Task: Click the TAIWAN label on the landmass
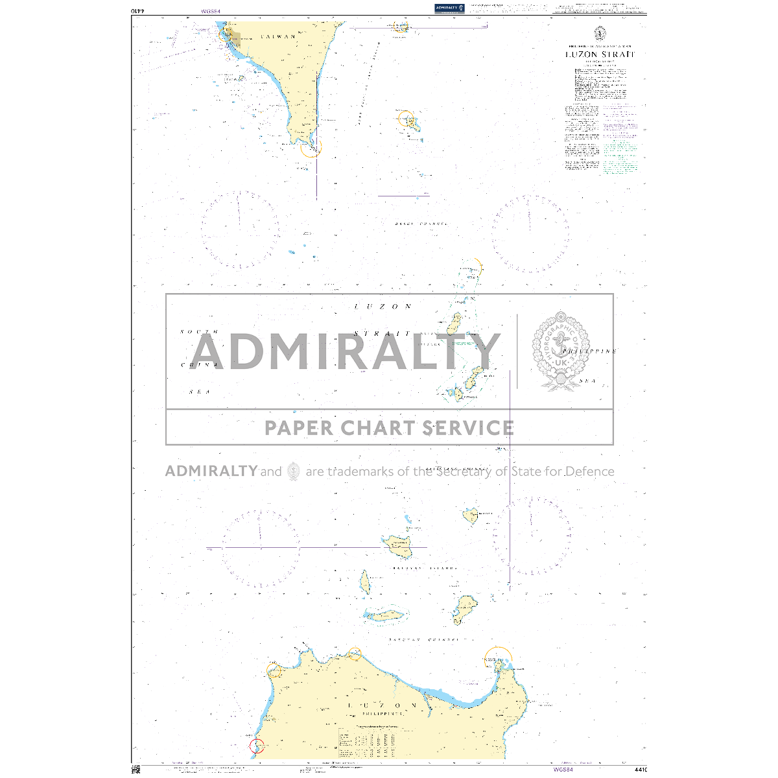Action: pos(277,37)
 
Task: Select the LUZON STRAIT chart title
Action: pos(600,54)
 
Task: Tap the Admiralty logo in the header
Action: pos(449,8)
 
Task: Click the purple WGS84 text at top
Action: pos(211,11)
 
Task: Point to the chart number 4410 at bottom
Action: pos(641,770)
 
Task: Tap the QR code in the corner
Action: pos(136,770)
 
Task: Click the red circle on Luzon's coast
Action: pos(257,746)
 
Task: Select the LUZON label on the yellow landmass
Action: pos(382,705)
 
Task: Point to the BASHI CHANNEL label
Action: pos(421,224)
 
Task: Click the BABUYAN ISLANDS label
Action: pos(424,568)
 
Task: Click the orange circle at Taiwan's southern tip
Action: pos(311,147)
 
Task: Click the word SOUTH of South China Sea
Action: pos(199,332)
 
